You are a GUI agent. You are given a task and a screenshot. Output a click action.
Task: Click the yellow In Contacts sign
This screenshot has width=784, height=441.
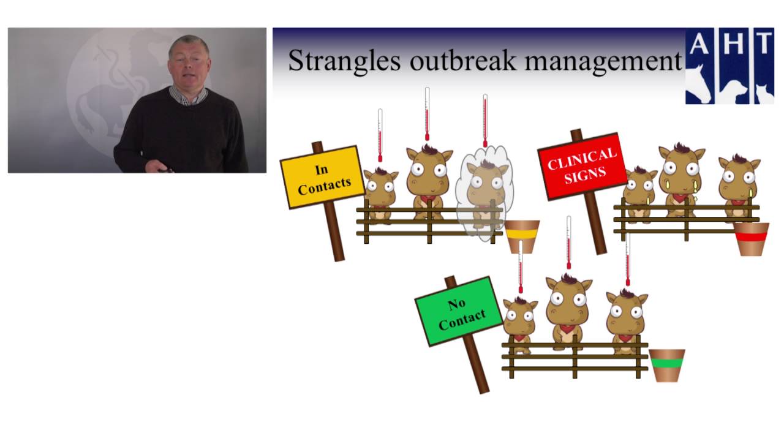[322, 177]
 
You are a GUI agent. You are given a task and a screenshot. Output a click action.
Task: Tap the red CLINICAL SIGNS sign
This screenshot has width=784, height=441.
[582, 166]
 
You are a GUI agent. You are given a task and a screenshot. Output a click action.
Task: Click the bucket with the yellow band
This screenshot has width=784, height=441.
[522, 236]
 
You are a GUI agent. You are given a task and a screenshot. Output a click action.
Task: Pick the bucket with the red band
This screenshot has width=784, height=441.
[751, 239]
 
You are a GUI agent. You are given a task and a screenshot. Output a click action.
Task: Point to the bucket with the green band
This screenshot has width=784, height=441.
[667, 366]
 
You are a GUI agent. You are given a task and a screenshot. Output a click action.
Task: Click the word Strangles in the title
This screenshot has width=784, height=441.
[344, 61]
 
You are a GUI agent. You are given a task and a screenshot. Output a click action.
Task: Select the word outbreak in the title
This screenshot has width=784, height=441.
[462, 60]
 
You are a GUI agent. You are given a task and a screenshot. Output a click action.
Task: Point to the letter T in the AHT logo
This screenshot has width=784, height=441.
[764, 43]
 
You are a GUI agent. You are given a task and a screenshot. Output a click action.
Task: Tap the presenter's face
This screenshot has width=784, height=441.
[189, 67]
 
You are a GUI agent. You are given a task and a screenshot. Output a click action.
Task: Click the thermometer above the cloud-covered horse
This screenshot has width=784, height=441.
[485, 121]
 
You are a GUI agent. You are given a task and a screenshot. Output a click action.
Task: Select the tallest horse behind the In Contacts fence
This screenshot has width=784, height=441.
[429, 181]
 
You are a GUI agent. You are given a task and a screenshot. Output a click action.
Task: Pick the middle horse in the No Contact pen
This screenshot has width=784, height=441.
[569, 312]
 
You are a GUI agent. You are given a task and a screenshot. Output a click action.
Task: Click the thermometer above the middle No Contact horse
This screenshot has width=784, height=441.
[569, 242]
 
